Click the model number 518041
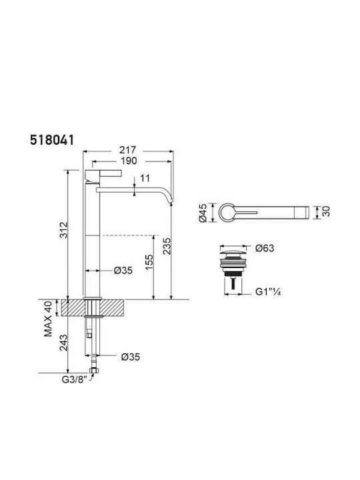pyautogui.click(x=52, y=140)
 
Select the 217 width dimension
pyautogui.click(x=127, y=150)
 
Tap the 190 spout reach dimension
pyautogui.click(x=129, y=161)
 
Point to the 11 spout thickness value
pyautogui.click(x=145, y=178)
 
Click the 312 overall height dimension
pyautogui.click(x=64, y=230)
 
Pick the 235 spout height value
pyautogui.click(x=167, y=246)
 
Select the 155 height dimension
pyautogui.click(x=149, y=262)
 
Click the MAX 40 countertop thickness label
pyautogui.click(x=49, y=319)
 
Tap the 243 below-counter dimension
pyautogui.click(x=64, y=342)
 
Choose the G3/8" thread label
pyautogui.click(x=75, y=379)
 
